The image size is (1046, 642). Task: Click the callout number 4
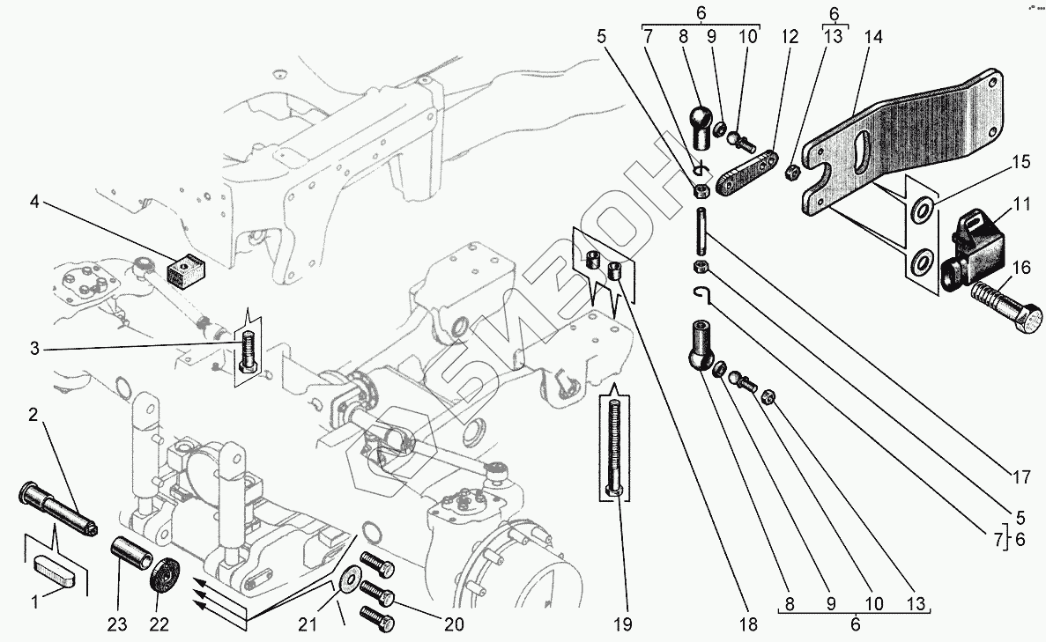[x=33, y=202]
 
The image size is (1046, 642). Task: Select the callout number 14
[x=873, y=38]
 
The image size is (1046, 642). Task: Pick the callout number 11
[x=1021, y=203]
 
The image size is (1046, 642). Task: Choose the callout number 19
[x=621, y=624]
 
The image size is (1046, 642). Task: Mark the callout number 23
[x=117, y=624]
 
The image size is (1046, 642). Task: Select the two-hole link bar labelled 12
[x=746, y=173]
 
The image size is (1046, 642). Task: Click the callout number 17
[x=1020, y=478]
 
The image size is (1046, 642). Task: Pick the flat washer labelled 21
[x=351, y=579]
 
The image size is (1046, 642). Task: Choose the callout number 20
[x=453, y=624]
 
